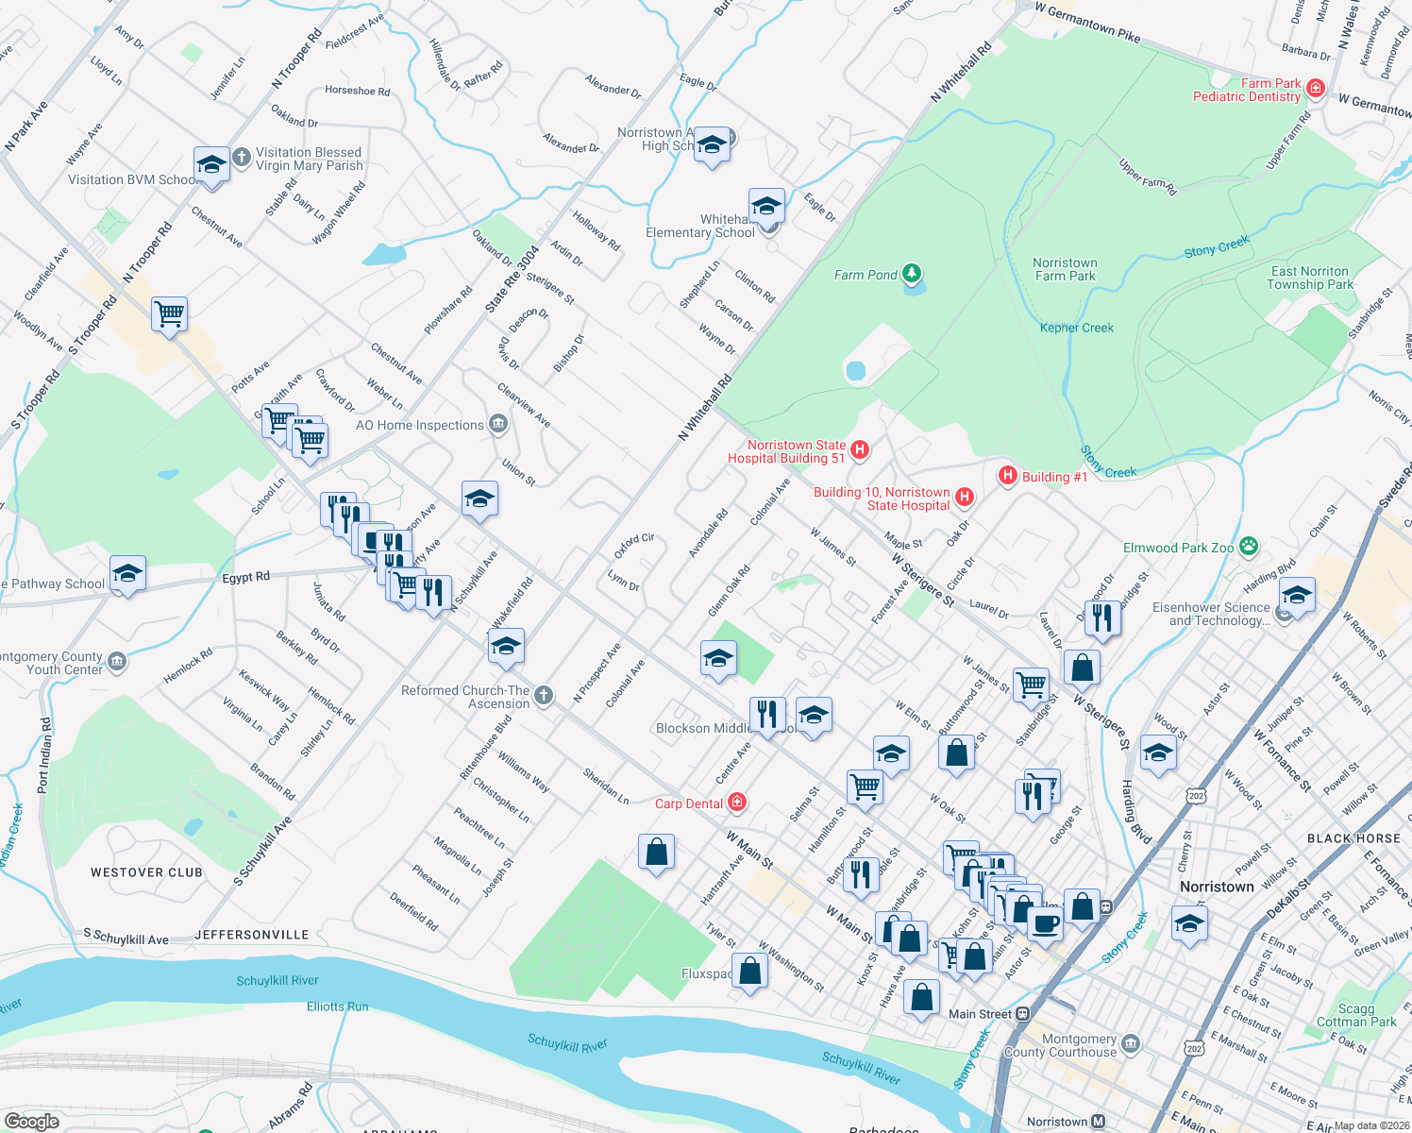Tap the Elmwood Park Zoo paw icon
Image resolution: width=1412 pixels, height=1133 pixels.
pos(1250,547)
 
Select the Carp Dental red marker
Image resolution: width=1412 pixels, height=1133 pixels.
pos(737,803)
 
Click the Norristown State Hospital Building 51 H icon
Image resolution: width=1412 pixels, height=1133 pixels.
pos(860,450)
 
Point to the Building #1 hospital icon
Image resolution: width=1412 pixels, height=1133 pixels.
pos(1008,476)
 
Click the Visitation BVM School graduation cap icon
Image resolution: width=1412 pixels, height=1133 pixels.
pos(210,165)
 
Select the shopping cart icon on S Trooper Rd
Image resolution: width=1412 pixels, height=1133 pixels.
pos(170,313)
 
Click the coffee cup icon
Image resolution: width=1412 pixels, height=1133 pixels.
pos(1045,922)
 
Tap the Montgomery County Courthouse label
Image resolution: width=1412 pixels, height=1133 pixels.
pos(1060,1045)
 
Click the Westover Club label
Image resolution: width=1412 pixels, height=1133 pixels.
pos(146,872)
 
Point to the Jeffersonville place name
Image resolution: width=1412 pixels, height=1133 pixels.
pos(252,935)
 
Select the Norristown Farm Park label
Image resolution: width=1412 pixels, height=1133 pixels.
pos(1065,269)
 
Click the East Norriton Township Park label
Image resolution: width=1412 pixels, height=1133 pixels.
pos(1310,278)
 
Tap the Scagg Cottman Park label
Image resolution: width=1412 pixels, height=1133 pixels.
pos(1356,1015)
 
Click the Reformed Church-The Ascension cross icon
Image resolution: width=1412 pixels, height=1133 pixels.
pos(544,696)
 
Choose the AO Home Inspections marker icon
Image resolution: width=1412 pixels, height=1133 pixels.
pos(498,425)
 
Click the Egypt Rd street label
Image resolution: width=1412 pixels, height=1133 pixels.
pos(246,577)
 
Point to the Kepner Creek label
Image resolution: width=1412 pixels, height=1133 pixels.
pos(1077,328)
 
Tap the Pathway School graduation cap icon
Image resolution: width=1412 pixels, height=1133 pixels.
pos(127,573)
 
